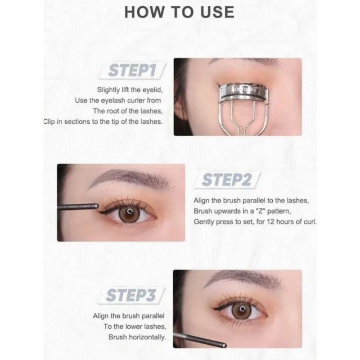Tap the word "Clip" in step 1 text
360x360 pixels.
(50, 121)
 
